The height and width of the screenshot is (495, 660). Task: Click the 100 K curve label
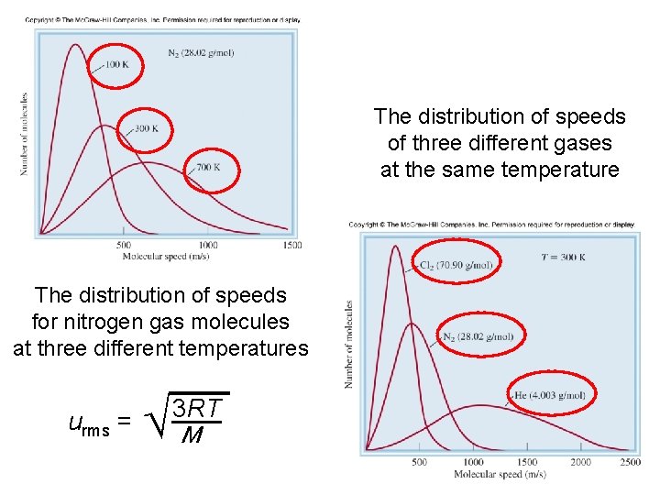116,64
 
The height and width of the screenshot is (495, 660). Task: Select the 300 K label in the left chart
147,128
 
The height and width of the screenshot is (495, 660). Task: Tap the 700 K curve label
208,167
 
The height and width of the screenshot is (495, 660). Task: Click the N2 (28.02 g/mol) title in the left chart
201,52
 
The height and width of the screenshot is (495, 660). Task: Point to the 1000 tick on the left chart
208,245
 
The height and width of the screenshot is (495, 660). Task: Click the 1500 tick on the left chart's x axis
291,245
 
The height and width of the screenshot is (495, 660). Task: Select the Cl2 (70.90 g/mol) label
456,266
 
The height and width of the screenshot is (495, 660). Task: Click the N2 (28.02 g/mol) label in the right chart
478,336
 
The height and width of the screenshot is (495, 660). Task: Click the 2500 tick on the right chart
630,462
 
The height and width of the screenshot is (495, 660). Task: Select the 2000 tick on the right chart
580,462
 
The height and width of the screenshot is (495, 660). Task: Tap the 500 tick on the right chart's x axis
419,462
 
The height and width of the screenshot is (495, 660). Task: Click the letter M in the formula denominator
192,434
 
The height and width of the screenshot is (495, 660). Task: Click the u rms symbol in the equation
90,423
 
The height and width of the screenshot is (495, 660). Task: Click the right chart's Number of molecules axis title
348,344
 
